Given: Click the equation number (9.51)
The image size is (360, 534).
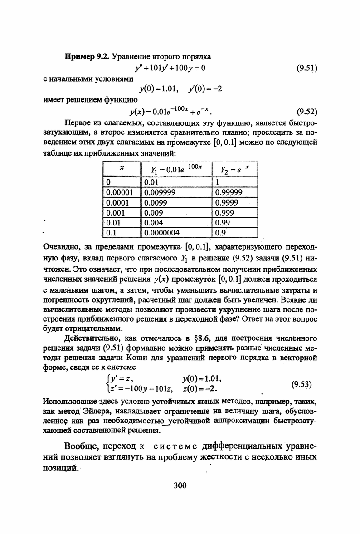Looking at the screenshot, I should click(x=306, y=69).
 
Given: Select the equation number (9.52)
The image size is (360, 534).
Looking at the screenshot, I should click(x=306, y=111).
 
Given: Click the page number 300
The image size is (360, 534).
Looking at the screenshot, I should click(x=180, y=485).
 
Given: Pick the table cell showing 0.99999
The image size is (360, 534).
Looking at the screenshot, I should click(x=229, y=191).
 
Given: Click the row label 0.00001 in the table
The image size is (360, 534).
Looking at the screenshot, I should click(x=120, y=191).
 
